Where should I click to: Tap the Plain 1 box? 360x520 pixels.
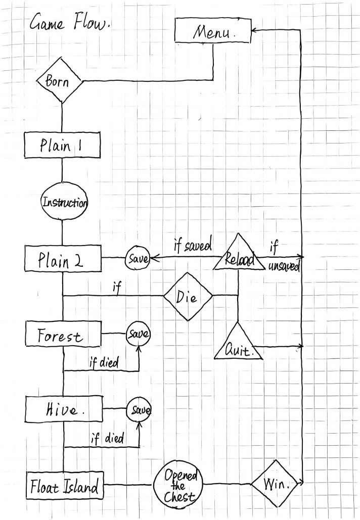pyautogui.click(x=62, y=147)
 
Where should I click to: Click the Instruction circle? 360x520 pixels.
pyautogui.click(x=64, y=203)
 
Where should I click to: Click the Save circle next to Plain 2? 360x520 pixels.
pyautogui.click(x=138, y=259)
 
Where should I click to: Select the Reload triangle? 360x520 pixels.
pyautogui.click(x=238, y=256)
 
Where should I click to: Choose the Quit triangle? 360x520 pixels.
pyautogui.click(x=238, y=345)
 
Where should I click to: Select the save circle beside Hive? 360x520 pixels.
pyautogui.click(x=139, y=408)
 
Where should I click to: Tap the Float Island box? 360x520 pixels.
pyautogui.click(x=64, y=488)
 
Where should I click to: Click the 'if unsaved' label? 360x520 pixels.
pyautogui.click(x=281, y=257)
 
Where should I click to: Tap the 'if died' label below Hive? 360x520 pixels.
pyautogui.click(x=107, y=438)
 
